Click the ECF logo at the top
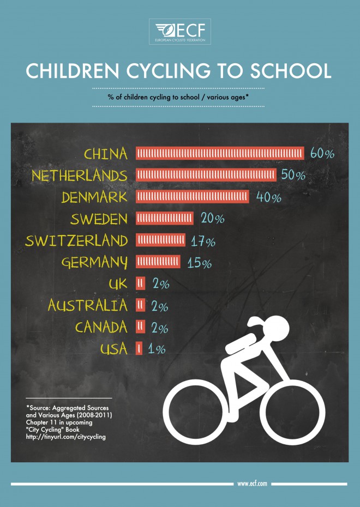[x=180, y=32]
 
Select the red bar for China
[x=219, y=154]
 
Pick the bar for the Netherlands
[x=206, y=175]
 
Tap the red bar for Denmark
[x=192, y=197]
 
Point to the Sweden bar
[x=164, y=219]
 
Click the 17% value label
[x=203, y=242]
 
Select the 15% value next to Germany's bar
[x=199, y=263]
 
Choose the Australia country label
[x=88, y=305]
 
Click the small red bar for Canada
[x=140, y=327]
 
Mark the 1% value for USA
[x=156, y=349]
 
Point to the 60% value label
[x=322, y=154]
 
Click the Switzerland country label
[x=76, y=241]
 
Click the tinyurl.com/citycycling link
[x=66, y=437]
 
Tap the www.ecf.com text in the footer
[x=252, y=484]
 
